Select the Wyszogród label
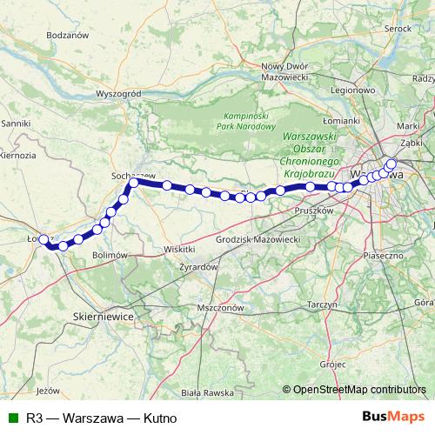point(117,94)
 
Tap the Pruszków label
point(315,210)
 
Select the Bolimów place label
point(110,254)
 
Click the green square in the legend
point(11,418)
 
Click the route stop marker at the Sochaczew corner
point(135,182)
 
